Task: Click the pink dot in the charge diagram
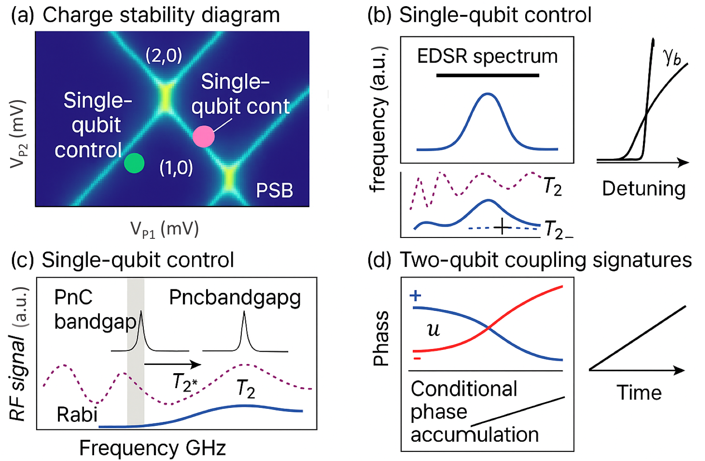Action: [204, 136]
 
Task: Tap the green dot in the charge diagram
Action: [134, 163]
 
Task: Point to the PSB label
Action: [274, 191]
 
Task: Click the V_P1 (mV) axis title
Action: [164, 229]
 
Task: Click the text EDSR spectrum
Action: [487, 56]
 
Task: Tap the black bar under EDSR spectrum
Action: [487, 76]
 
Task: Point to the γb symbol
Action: [672, 56]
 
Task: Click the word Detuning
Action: [643, 188]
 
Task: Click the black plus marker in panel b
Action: [502, 227]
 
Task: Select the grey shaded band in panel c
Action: [135, 351]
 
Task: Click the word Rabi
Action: [77, 414]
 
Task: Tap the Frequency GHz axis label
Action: [152, 448]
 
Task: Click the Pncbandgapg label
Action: [235, 298]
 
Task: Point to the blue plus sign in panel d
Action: [415, 295]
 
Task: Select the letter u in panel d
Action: [433, 329]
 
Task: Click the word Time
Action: [639, 393]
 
